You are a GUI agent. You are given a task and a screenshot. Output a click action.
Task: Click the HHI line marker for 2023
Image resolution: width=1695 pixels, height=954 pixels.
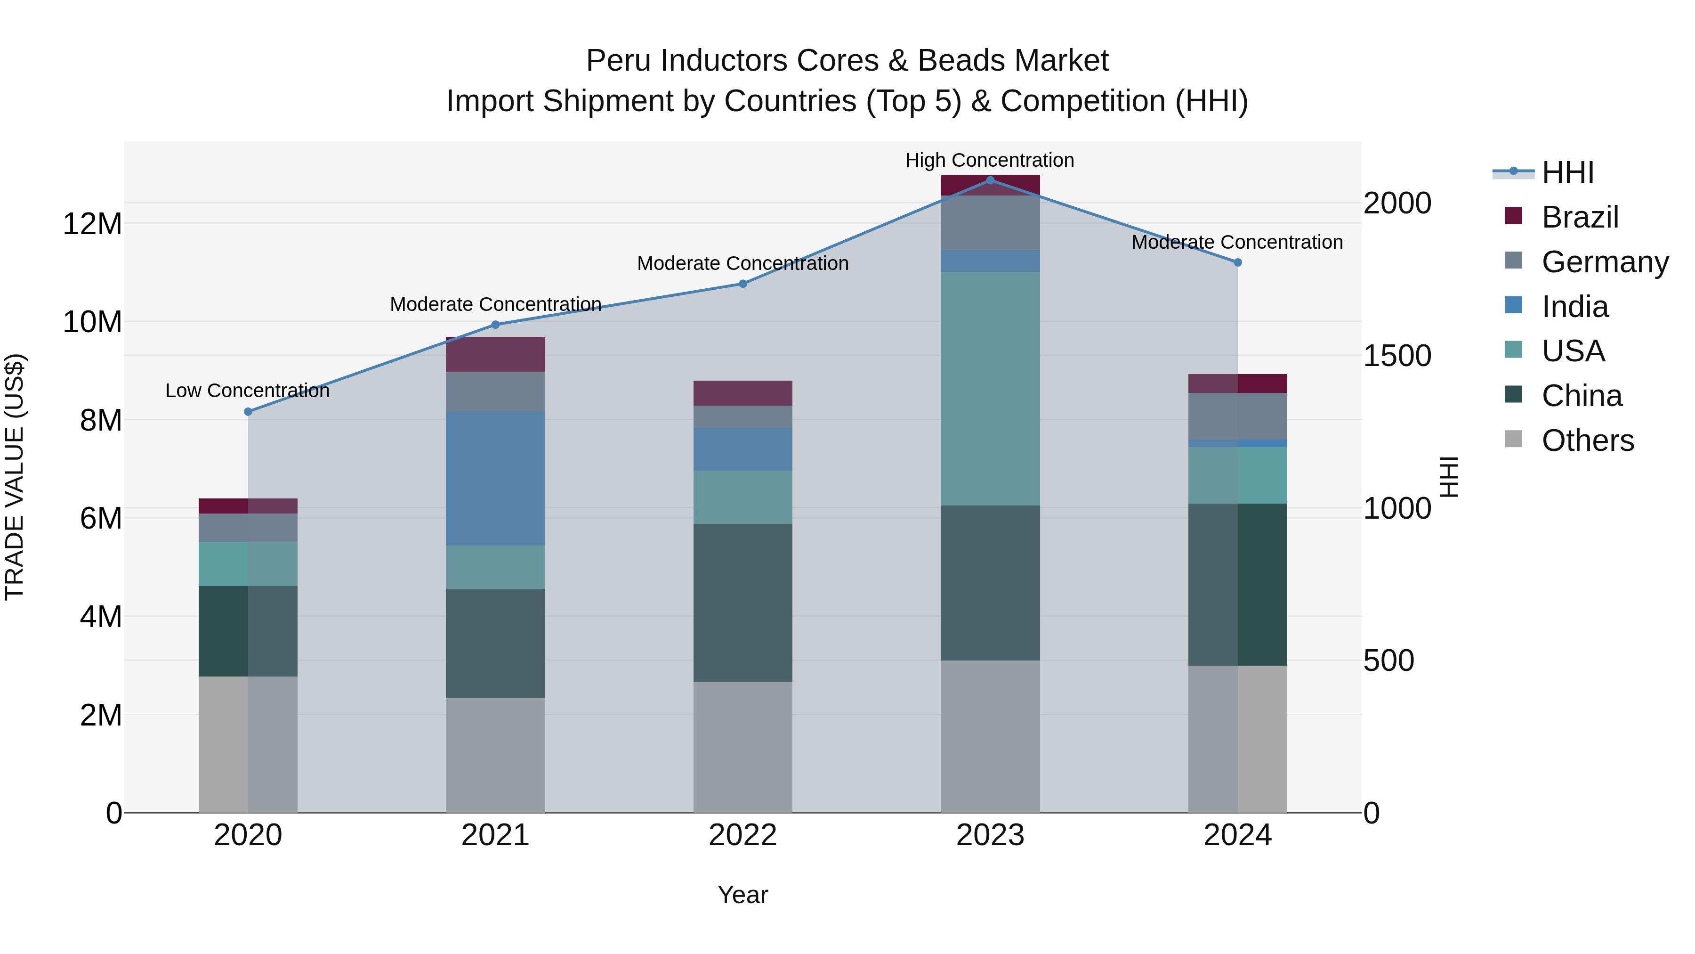click(x=990, y=180)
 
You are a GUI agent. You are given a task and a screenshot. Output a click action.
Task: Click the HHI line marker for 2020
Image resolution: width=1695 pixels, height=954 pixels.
click(x=248, y=411)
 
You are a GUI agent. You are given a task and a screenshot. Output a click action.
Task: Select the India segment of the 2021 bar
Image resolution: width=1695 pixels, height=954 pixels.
click(x=495, y=478)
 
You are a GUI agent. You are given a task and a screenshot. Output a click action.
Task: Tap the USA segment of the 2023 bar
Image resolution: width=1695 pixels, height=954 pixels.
click(x=990, y=389)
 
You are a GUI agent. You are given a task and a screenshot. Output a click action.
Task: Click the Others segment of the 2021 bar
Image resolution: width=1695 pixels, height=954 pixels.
click(x=495, y=755)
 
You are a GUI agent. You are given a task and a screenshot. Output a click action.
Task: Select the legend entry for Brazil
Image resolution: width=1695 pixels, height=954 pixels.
click(x=1579, y=217)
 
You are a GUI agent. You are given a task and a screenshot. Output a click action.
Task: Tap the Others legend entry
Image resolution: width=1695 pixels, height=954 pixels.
click(x=1587, y=440)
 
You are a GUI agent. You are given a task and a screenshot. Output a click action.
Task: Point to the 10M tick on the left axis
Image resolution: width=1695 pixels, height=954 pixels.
click(x=92, y=322)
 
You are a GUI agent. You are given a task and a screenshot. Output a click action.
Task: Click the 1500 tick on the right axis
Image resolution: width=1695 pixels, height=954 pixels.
click(x=1397, y=356)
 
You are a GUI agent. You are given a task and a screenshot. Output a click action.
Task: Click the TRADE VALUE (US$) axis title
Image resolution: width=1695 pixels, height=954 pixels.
click(x=15, y=477)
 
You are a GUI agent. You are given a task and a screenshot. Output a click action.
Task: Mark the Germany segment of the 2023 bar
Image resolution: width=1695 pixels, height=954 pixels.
click(x=990, y=222)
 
